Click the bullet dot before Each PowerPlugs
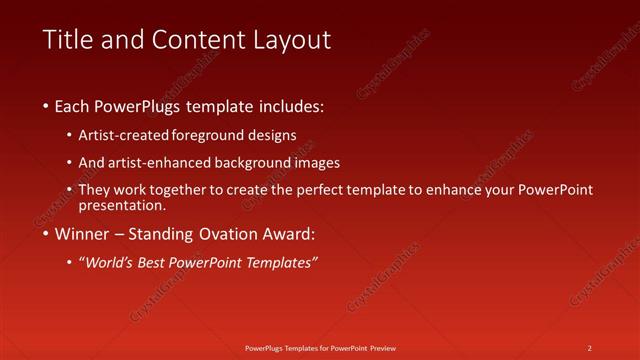coord(47,106)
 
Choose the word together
coord(201,190)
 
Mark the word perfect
coord(331,190)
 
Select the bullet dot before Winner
coord(47,235)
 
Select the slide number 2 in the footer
coord(590,348)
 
